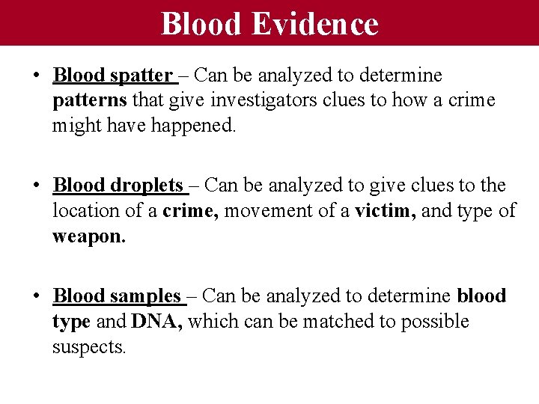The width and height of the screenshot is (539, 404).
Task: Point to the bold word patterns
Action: point(88,101)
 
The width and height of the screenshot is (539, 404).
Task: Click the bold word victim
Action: point(384,211)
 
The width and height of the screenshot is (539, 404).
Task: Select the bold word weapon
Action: point(85,236)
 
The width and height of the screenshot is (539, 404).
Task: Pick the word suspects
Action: point(89,347)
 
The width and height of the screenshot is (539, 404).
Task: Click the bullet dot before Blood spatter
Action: point(37,76)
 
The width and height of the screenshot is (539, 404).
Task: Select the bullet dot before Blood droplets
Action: point(37,186)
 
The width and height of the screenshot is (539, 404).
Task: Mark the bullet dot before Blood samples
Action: point(37,297)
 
